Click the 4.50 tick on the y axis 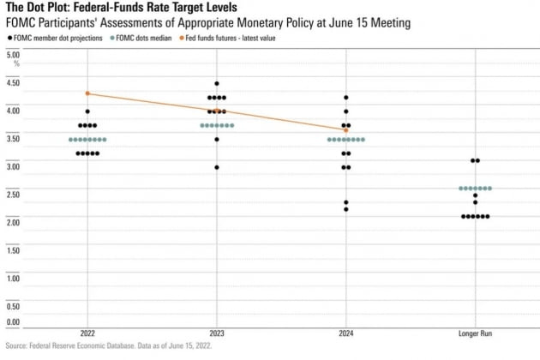(x=13, y=82)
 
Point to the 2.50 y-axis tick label (x=13, y=194)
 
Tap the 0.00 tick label (x=13, y=322)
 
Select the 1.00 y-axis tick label (x=13, y=277)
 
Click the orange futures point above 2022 (x=87, y=93)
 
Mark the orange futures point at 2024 (x=345, y=129)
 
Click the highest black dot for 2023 (x=217, y=84)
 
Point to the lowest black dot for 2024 (x=345, y=209)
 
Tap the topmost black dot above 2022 (x=87, y=111)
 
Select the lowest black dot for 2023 (x=217, y=167)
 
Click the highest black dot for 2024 (x=345, y=98)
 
